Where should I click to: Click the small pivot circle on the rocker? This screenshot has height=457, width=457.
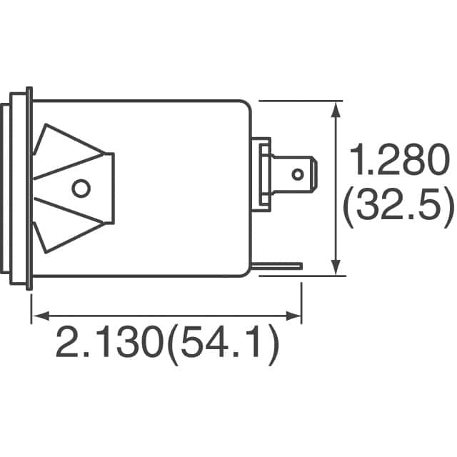81,189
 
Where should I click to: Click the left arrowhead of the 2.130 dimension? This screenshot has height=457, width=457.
37,315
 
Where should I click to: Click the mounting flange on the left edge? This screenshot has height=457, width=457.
29,189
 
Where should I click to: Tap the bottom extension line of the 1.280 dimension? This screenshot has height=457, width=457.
321,276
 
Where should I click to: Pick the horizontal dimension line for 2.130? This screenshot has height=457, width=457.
164,315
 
